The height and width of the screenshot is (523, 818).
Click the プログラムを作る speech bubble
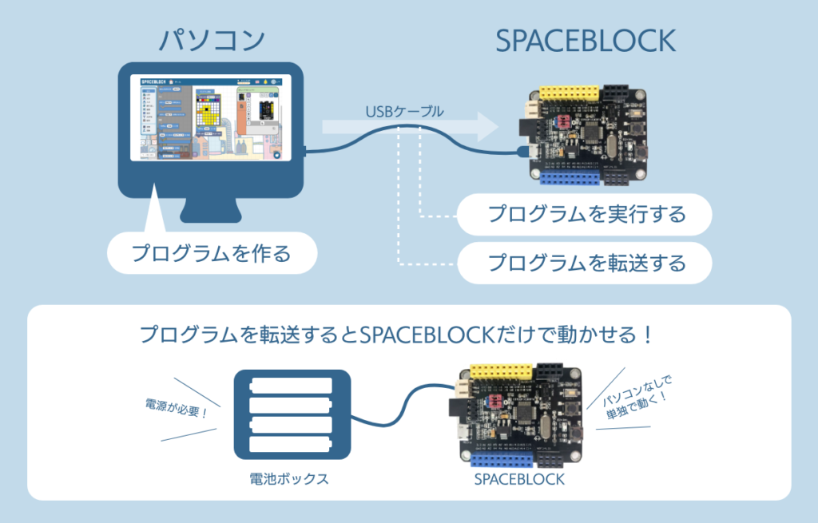pyautogui.click(x=211, y=255)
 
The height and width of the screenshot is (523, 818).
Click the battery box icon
pyautogui.click(x=292, y=415)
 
